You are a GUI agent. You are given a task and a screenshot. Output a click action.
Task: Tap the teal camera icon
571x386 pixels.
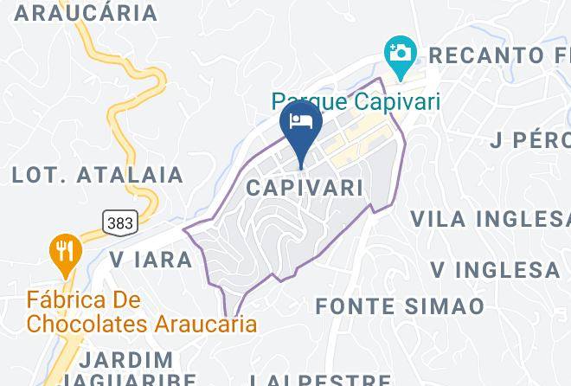(x=399, y=52)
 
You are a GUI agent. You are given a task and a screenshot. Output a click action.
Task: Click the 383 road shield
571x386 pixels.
(x=120, y=222)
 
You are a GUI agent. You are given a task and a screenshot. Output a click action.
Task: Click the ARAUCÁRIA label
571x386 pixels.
(x=85, y=13)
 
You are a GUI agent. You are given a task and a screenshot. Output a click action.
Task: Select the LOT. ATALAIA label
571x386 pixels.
(x=97, y=175)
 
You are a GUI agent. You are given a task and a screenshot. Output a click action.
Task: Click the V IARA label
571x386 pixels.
(x=151, y=259)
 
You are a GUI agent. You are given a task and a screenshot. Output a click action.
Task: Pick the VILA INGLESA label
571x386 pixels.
(x=490, y=218)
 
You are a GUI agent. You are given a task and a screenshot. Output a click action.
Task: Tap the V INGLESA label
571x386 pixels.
(x=496, y=270)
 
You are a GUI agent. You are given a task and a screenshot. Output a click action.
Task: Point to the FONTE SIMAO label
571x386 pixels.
(x=399, y=306)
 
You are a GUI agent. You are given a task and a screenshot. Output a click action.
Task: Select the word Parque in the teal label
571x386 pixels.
(x=302, y=100)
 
